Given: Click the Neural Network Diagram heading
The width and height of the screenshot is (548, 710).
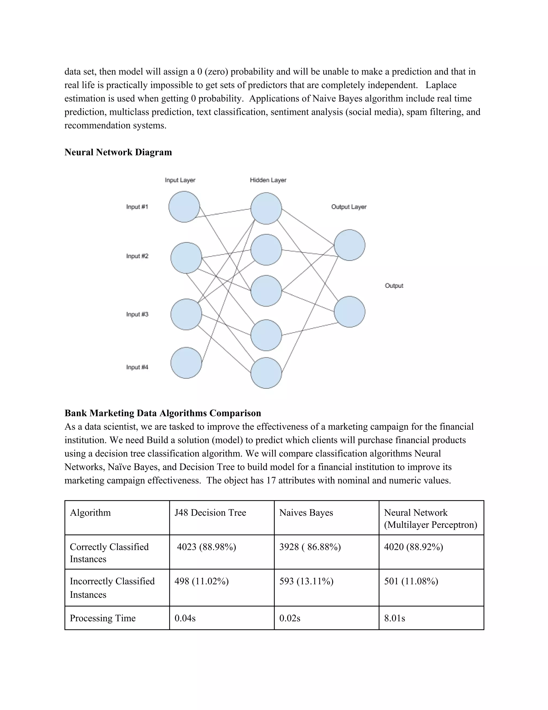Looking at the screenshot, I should (x=118, y=152).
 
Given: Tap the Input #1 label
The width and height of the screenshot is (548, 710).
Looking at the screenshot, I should (x=137, y=207).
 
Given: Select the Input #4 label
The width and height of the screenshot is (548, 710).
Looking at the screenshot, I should (x=137, y=367).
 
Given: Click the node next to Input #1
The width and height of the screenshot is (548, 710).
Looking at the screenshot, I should (x=184, y=207).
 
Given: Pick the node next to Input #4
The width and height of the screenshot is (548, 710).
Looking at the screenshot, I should (x=186, y=363).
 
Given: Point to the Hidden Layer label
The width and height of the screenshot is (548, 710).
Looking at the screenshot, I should (x=268, y=180).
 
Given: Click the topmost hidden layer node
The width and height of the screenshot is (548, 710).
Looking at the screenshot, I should (x=266, y=208).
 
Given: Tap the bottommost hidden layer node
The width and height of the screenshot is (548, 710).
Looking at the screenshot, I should (x=266, y=373).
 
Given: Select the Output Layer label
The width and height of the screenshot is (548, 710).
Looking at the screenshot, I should (x=349, y=207).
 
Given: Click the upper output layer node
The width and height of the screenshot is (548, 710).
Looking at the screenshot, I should (x=349, y=245).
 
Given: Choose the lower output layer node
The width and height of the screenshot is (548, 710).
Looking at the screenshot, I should (x=349, y=312).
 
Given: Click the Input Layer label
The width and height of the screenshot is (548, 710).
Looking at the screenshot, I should (x=180, y=180).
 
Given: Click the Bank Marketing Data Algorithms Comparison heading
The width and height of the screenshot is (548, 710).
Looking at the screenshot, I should (x=163, y=413).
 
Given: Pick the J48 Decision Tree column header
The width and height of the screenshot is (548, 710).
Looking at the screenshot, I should (x=210, y=513).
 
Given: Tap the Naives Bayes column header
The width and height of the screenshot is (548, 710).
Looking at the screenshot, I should (x=306, y=513).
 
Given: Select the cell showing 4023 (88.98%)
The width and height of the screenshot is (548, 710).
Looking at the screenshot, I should (x=207, y=547).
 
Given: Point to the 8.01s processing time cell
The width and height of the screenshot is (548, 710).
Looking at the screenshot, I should (x=394, y=618).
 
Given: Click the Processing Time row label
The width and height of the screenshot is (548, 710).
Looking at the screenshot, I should (x=102, y=618).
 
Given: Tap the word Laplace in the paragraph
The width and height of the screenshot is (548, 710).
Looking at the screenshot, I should (x=441, y=85).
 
